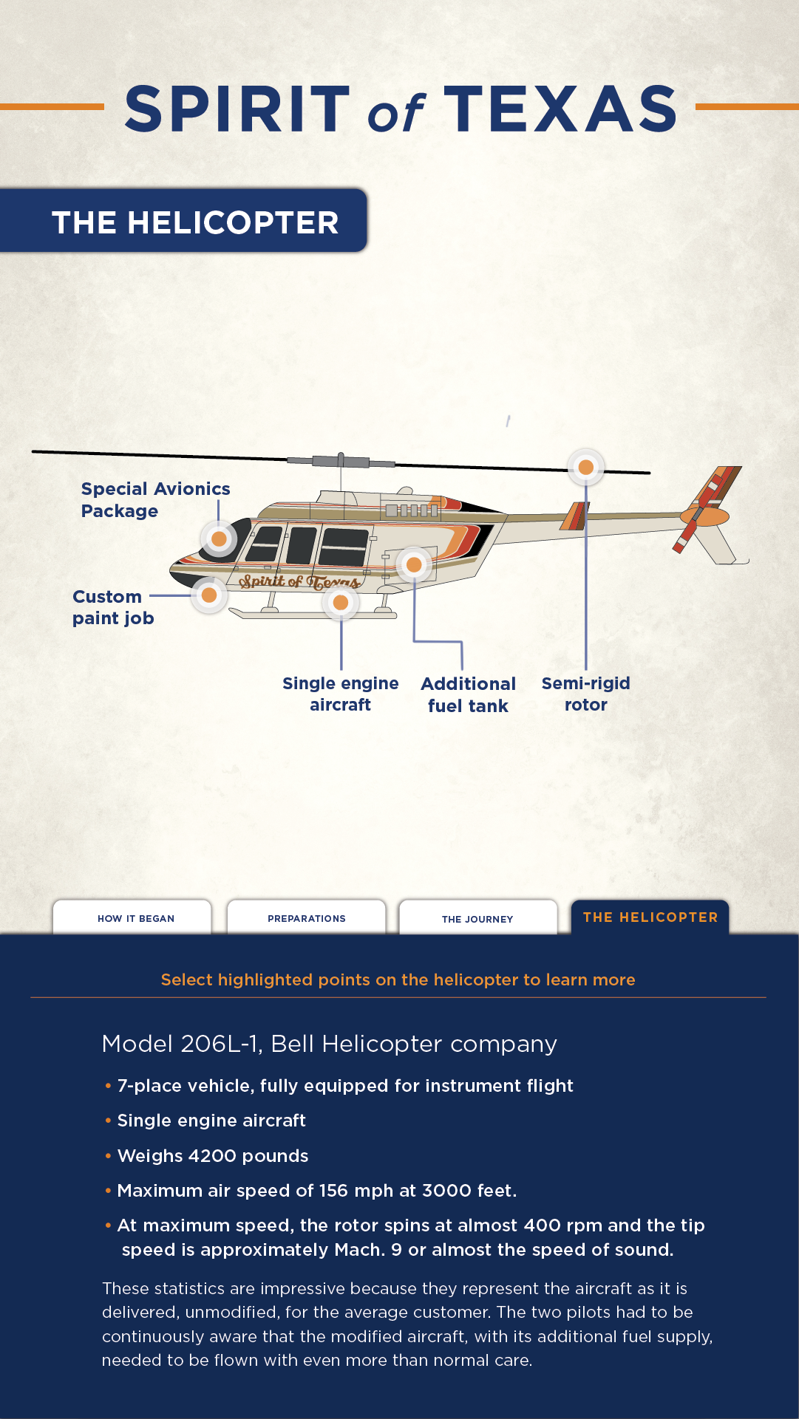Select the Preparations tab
click(x=307, y=918)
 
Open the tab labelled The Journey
click(x=477, y=918)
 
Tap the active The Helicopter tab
click(x=650, y=917)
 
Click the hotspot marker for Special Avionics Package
click(x=219, y=539)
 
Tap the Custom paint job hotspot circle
click(x=209, y=595)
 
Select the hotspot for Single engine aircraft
click(x=341, y=603)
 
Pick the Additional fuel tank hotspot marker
click(x=414, y=565)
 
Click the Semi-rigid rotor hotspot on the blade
click(x=585, y=467)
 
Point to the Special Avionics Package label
click(x=155, y=500)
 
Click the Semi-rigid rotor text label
click(x=585, y=694)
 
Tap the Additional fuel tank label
click(x=468, y=694)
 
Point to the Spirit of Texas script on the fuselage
click(x=299, y=582)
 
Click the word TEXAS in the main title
click(x=560, y=109)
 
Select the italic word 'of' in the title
click(x=396, y=113)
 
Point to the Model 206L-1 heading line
click(x=329, y=1044)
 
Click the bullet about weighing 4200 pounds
click(x=213, y=1156)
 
